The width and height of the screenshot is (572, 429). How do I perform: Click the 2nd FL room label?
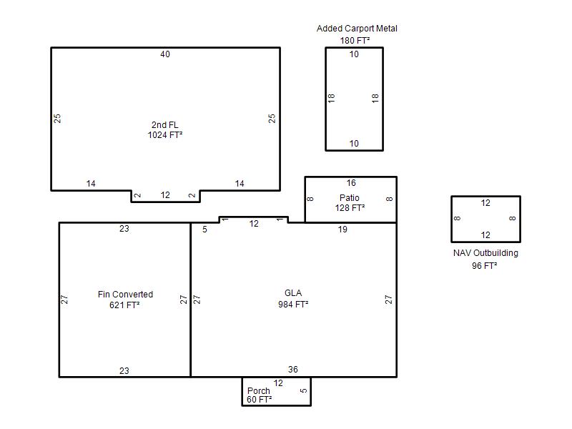pyautogui.click(x=165, y=124)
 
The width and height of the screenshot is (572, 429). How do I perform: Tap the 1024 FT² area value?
pyautogui.click(x=165, y=135)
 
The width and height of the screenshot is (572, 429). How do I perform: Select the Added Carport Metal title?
pyautogui.click(x=357, y=29)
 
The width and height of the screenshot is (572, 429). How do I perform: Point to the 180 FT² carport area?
pyautogui.click(x=355, y=41)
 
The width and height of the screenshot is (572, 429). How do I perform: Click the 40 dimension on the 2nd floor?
pyautogui.click(x=165, y=54)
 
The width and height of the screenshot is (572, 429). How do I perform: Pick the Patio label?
pyautogui.click(x=350, y=198)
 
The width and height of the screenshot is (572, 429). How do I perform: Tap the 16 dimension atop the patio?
pyautogui.click(x=351, y=183)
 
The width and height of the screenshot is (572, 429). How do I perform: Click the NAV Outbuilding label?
pyautogui.click(x=485, y=253)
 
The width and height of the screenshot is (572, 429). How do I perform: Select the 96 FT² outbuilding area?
pyautogui.click(x=485, y=265)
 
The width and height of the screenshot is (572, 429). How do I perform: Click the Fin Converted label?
pyautogui.click(x=125, y=295)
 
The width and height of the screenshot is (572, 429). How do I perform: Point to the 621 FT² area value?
pyautogui.click(x=124, y=305)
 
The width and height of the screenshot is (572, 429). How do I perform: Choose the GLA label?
pyautogui.click(x=293, y=293)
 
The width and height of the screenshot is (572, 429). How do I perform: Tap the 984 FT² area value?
pyautogui.click(x=293, y=305)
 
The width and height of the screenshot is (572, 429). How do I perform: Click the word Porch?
pyautogui.click(x=259, y=390)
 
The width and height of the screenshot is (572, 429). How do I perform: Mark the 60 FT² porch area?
pyautogui.click(x=259, y=400)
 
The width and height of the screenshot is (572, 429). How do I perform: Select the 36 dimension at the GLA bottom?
pyautogui.click(x=293, y=370)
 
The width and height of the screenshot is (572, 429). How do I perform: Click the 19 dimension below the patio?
pyautogui.click(x=342, y=230)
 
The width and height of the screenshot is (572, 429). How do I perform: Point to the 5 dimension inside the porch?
pyautogui.click(x=303, y=390)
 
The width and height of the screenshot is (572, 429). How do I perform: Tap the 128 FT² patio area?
pyautogui.click(x=350, y=208)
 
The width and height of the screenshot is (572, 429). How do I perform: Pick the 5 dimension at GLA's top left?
pyautogui.click(x=204, y=230)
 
